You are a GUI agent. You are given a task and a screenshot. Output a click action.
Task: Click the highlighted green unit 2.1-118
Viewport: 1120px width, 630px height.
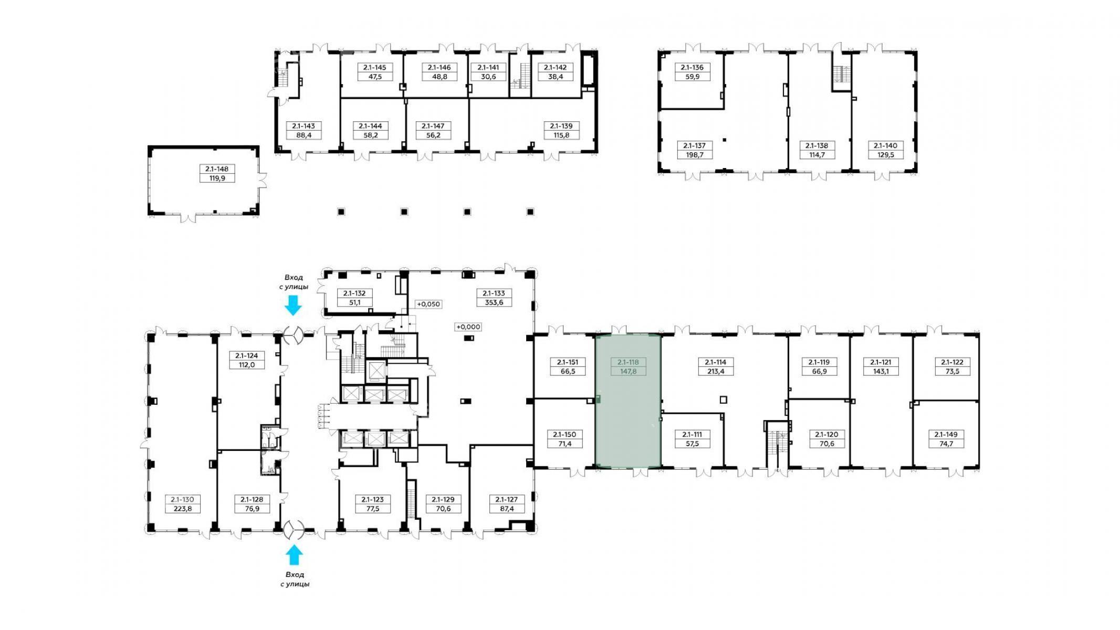[x=627, y=401]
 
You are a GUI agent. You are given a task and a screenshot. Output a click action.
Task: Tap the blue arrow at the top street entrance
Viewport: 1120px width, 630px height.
[x=293, y=305]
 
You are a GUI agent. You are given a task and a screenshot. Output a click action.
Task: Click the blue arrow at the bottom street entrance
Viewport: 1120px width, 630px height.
[x=294, y=554]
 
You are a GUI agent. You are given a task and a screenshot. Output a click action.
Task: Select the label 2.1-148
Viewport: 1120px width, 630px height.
[x=217, y=169]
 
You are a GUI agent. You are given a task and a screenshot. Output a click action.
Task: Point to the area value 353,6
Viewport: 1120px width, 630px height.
[x=494, y=302]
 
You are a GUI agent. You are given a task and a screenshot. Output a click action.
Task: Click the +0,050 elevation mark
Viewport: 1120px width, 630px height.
[x=428, y=304]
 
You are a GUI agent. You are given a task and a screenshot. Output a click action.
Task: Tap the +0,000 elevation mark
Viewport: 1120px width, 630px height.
[x=468, y=327]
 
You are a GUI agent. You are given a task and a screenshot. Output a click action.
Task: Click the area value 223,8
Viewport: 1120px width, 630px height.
[x=183, y=508]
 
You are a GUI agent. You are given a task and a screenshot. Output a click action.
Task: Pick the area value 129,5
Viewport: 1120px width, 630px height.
[x=885, y=154]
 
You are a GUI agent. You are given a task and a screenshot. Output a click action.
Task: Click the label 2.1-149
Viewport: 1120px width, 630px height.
[x=946, y=435]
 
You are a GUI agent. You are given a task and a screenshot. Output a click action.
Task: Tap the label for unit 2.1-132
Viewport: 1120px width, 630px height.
[x=354, y=293]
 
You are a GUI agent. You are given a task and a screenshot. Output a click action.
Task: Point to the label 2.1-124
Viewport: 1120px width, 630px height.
[x=247, y=356]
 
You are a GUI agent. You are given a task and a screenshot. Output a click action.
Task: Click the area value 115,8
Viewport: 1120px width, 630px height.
[x=561, y=135]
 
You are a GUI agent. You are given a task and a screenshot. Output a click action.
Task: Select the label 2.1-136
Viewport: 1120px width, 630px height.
[x=692, y=67]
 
